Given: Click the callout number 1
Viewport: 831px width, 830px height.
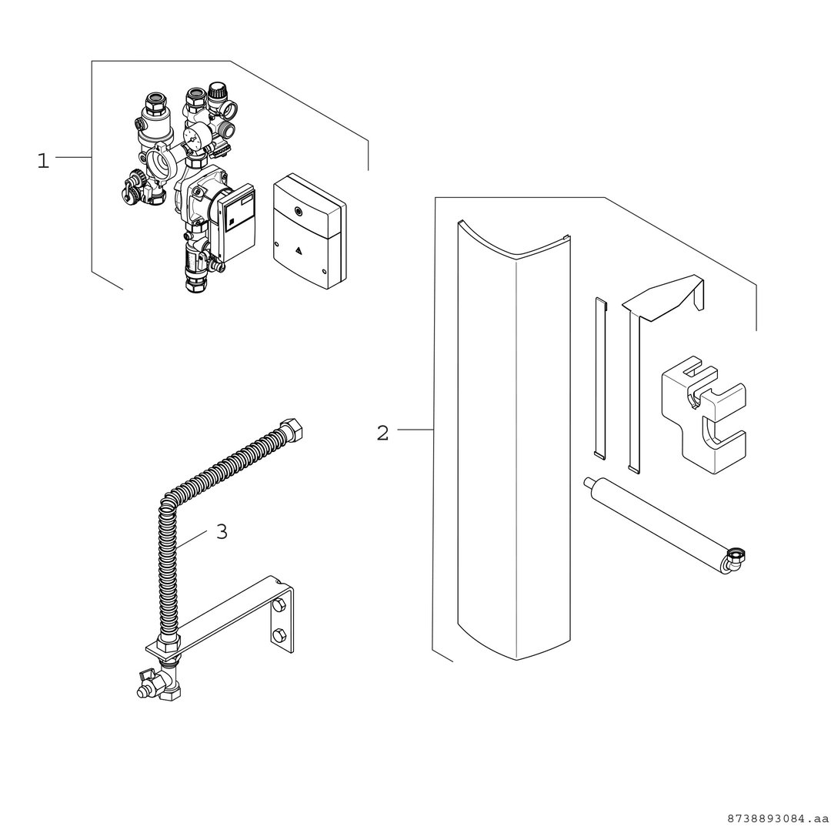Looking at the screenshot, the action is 43,161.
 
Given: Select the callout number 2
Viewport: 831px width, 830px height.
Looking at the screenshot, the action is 382,433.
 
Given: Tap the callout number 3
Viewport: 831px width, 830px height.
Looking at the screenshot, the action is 222,531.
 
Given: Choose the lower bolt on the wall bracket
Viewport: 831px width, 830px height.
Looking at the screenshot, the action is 279,634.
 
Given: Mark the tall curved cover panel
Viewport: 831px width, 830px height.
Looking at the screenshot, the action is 513,440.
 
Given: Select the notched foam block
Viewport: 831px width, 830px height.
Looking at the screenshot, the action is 703,414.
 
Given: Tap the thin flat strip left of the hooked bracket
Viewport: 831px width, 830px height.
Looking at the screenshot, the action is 600,377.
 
